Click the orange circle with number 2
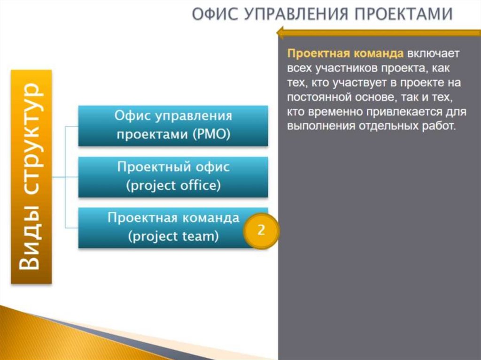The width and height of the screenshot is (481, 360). [261, 230]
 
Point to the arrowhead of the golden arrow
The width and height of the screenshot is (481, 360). [280, 33]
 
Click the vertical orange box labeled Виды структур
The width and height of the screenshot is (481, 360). [31, 176]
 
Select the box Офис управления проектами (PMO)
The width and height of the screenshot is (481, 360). [173, 125]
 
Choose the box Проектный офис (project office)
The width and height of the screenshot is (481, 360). [173, 176]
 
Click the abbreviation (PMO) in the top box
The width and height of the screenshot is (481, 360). [211, 134]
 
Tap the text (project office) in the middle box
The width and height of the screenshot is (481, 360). [173, 185]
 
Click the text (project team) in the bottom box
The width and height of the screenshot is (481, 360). [173, 237]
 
